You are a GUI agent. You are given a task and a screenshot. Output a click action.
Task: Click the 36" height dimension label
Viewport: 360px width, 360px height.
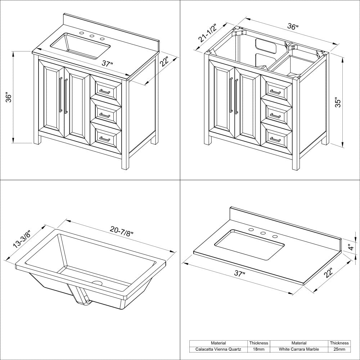tap(9, 98)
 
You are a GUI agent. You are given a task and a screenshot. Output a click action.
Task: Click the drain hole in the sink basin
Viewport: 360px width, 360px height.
tap(97, 283)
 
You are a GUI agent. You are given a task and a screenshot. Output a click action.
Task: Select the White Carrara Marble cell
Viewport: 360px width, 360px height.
tap(299, 349)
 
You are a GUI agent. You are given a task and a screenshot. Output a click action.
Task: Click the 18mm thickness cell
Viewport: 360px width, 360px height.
tap(259, 349)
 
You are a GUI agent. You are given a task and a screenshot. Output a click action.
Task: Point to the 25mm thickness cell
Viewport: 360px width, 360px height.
tap(339, 349)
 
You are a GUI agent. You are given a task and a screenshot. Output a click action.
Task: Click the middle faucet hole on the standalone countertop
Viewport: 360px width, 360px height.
tap(263, 233)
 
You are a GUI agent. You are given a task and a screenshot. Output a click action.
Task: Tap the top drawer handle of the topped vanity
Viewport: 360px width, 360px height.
tap(105, 92)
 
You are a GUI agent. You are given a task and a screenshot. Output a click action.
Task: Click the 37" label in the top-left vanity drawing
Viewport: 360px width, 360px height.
tap(107, 64)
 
